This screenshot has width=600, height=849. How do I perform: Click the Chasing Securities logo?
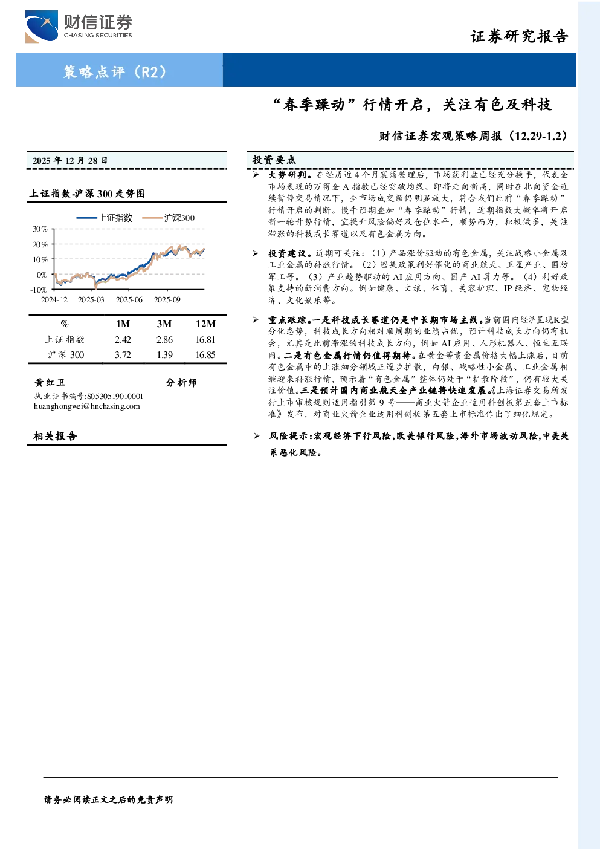(x=79, y=26)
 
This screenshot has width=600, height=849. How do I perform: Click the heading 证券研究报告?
(x=519, y=36)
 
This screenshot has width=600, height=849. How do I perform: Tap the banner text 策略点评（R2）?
(x=115, y=71)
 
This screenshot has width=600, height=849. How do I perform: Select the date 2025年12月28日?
(x=70, y=161)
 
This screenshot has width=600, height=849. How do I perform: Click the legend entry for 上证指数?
(x=104, y=218)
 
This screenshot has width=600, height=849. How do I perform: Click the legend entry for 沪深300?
(x=169, y=218)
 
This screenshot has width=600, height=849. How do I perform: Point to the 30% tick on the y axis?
(x=40, y=229)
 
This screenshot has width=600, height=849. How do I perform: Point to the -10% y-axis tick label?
(x=39, y=290)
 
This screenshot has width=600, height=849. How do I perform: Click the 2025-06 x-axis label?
(x=129, y=300)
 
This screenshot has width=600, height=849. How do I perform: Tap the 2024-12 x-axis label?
(x=54, y=300)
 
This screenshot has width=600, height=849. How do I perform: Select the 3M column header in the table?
(x=164, y=324)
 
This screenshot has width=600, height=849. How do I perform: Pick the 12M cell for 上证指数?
(x=205, y=340)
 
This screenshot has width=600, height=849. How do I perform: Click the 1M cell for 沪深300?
(x=123, y=355)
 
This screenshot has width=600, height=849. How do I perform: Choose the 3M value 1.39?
(x=164, y=355)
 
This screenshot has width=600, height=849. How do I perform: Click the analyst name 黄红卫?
(x=50, y=382)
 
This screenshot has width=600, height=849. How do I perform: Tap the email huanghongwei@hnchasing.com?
(x=87, y=406)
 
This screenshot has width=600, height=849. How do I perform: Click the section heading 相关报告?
(x=55, y=436)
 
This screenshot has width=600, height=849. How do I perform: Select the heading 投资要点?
(x=274, y=160)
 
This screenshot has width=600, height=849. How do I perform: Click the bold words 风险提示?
(x=289, y=436)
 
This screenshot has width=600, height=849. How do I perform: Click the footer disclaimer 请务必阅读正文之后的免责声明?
(x=108, y=800)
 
